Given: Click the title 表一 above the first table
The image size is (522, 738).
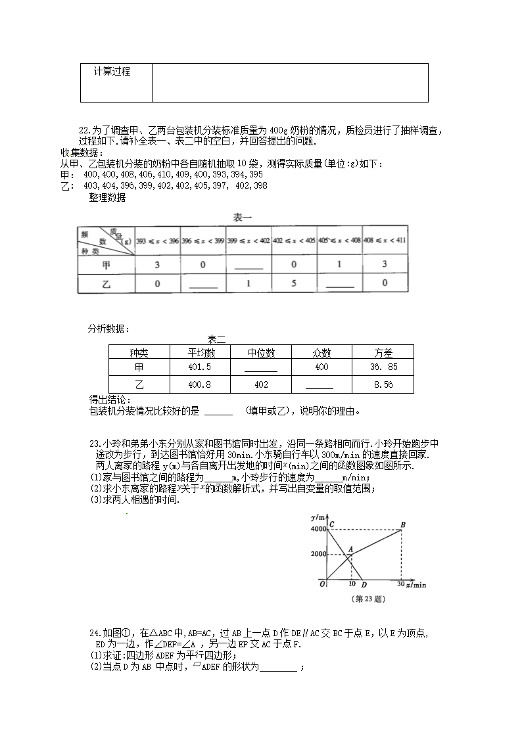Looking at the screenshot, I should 243,217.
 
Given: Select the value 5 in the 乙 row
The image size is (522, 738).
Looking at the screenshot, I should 294,283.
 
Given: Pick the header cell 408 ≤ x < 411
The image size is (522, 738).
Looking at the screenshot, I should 385,240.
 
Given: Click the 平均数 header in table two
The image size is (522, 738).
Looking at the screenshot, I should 200,352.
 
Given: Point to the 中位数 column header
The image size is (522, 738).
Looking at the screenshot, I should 260,352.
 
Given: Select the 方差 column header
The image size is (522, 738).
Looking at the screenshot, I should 383,352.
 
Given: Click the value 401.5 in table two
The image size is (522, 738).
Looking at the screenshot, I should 200,367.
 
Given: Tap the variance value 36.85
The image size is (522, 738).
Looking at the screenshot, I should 383,367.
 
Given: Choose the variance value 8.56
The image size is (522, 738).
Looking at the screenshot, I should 383,384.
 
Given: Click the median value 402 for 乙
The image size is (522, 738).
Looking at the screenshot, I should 260,384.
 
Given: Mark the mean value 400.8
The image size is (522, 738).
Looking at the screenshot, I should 200,384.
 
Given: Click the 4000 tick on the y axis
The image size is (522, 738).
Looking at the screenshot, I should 318,529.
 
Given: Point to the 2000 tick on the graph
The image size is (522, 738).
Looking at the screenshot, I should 318,554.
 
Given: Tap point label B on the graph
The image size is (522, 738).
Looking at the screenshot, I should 402,523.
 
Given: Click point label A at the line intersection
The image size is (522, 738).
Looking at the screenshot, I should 350,549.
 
